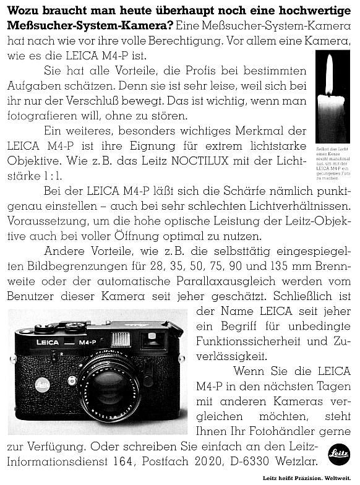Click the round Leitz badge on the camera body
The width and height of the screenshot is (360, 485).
pyautogui.click(x=42, y=384)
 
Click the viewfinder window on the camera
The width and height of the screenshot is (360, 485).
pyautogui.click(x=153, y=338)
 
